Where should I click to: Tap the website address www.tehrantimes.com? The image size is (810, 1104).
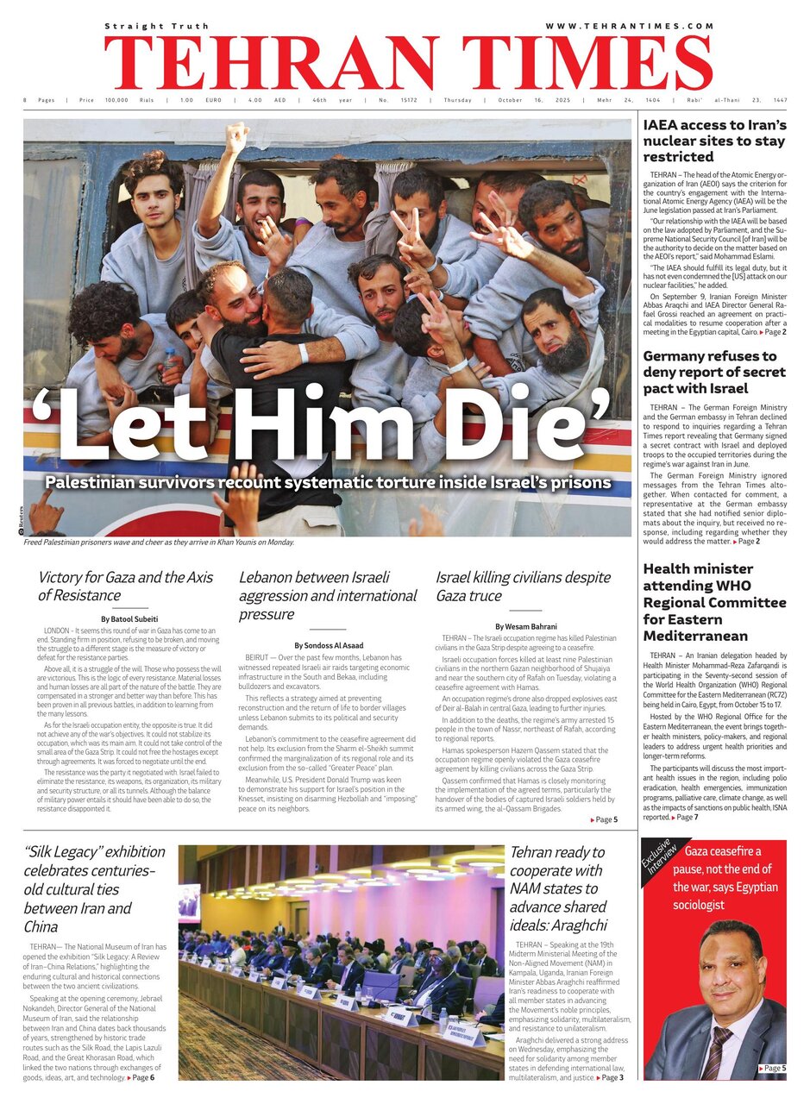click(x=629, y=26)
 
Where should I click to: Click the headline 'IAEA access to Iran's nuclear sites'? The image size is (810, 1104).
click(x=714, y=141)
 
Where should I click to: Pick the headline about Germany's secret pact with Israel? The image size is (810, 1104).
click(x=714, y=373)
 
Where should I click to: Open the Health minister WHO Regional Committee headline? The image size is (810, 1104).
click(x=714, y=602)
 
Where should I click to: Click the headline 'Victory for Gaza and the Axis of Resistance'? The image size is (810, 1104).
click(x=124, y=586)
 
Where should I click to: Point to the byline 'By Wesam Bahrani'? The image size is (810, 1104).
click(x=525, y=626)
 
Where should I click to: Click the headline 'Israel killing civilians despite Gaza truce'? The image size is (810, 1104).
click(x=523, y=586)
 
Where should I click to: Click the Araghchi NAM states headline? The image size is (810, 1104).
click(x=557, y=888)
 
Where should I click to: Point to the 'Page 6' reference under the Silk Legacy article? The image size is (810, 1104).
click(x=141, y=1078)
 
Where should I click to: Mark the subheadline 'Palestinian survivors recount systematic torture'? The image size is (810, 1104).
click(x=328, y=483)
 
